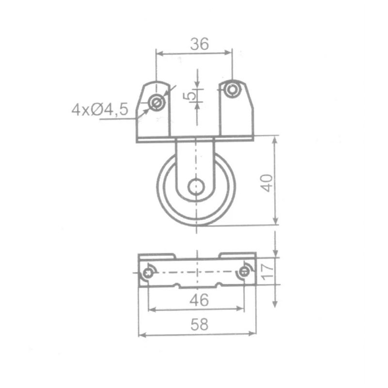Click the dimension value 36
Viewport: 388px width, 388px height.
pos(199,44)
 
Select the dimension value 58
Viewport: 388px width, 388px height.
pos(199,324)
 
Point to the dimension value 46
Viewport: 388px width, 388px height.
pos(199,300)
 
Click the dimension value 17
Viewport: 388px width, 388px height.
pos(267,271)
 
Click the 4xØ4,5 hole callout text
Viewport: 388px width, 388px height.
pos(100,110)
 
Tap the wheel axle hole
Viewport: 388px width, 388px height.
pos(196,186)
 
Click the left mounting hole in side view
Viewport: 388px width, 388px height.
pos(156,103)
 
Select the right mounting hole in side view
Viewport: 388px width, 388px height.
pos(232,89)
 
